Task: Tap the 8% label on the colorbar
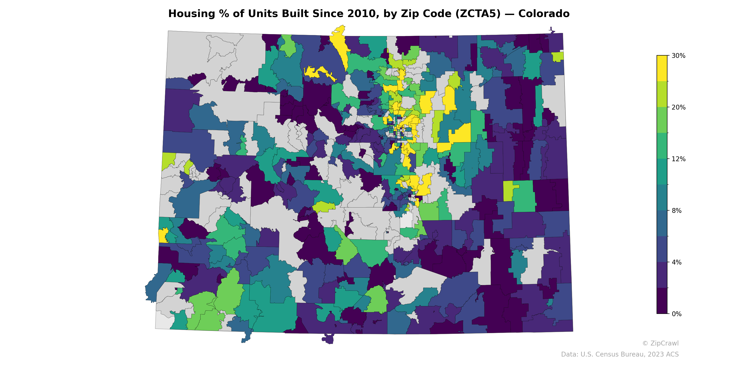tap(676, 211)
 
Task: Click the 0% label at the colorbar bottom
tap(676, 314)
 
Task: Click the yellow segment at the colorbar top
tap(662, 68)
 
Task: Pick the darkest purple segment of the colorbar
tap(662, 301)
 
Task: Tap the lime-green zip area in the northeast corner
tap(557, 57)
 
